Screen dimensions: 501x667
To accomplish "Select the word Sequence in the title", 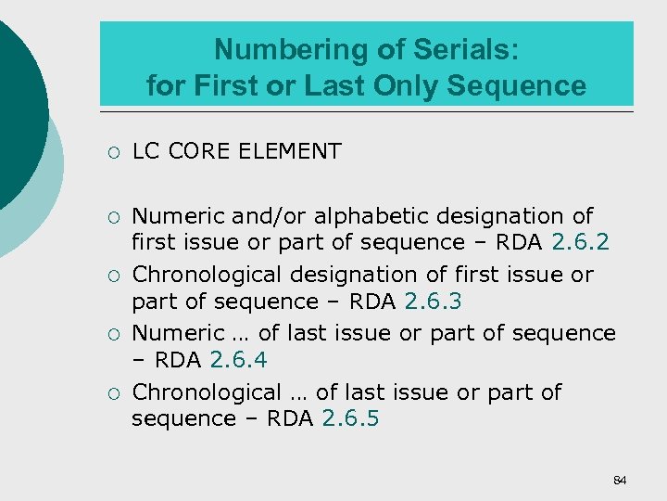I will pyautogui.click(x=517, y=86).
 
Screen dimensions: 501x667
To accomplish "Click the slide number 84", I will pyautogui.click(x=620, y=480).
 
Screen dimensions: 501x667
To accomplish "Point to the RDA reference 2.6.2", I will pyautogui.click(x=580, y=242).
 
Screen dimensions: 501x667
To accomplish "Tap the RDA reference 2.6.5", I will pyautogui.click(x=350, y=418).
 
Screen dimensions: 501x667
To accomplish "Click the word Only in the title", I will pyautogui.click(x=407, y=86).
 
